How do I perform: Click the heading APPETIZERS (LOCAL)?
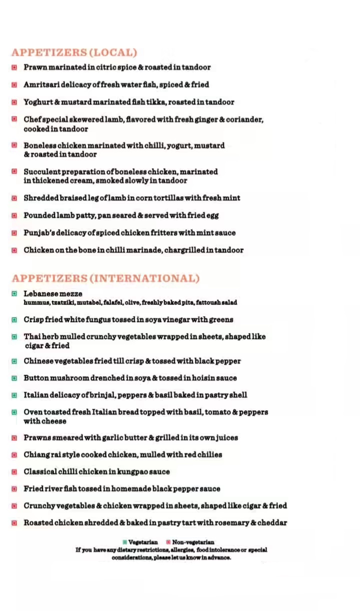(74, 53)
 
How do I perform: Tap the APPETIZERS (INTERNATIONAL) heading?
(106, 278)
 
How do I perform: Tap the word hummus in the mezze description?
(36, 302)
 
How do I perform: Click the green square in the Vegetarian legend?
(125, 542)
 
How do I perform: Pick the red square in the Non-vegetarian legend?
(168, 542)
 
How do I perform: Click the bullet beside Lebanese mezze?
(15, 294)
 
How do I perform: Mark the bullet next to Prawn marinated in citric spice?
(15, 67)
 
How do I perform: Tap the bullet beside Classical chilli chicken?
(15, 472)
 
